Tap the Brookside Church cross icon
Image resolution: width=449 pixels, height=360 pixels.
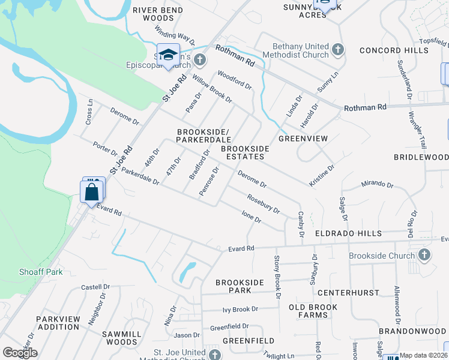[x=424, y=255]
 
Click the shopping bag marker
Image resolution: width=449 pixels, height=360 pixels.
[x=91, y=193]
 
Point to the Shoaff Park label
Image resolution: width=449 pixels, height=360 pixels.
[x=40, y=272]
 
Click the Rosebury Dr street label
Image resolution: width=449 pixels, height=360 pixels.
[x=264, y=203]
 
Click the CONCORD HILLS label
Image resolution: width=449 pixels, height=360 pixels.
[x=394, y=51]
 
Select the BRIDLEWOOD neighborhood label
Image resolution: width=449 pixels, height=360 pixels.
[x=421, y=157]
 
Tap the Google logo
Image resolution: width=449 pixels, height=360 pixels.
[x=20, y=353]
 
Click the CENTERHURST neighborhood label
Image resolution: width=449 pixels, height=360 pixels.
[x=348, y=293]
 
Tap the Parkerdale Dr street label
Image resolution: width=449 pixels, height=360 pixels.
[x=140, y=176]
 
